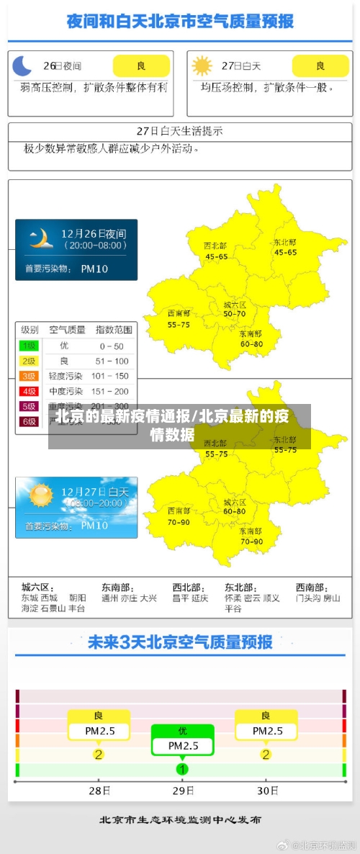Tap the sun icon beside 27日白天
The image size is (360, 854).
coord(202,66)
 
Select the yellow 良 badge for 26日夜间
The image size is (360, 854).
coord(141,66)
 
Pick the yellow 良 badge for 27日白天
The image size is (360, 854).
coord(320,66)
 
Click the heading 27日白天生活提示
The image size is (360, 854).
coord(179,131)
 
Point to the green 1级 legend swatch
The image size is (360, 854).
coord(30,346)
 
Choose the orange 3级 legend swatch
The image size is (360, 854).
coord(30,376)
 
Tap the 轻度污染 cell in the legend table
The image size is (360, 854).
coord(65,376)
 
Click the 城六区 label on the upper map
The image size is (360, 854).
coord(235,305)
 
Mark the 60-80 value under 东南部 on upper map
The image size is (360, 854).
coord(251,343)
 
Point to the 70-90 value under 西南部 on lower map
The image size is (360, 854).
coord(179,521)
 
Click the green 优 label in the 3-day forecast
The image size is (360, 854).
coord(182,730)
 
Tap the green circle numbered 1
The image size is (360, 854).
coord(182,769)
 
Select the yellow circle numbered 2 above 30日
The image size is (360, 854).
coord(266,755)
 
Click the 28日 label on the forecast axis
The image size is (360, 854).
coord(99,791)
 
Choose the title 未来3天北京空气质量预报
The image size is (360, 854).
coord(179,642)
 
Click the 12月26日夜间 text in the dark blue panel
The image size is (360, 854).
coord(94,233)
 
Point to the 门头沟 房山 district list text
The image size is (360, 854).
coord(318,598)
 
